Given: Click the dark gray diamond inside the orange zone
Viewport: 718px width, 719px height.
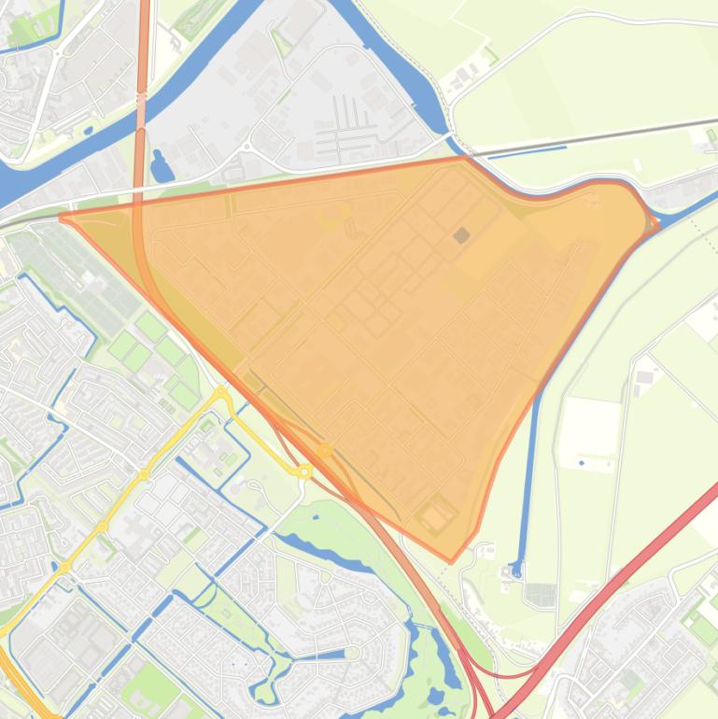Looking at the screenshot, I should tap(461, 209).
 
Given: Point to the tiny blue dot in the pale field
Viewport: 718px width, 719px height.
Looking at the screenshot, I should tap(582, 463).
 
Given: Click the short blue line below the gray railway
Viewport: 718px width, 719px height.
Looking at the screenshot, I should tap(527, 151).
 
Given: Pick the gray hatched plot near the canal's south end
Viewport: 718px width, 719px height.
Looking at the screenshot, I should tap(540, 594).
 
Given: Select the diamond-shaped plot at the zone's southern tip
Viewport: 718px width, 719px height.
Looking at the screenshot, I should tap(436, 514).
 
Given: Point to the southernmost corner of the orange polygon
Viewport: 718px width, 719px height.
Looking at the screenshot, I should tap(452, 561).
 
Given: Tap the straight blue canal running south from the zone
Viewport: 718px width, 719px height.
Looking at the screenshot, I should tap(529, 467).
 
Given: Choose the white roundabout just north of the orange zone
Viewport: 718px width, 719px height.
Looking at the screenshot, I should tap(247, 147).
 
